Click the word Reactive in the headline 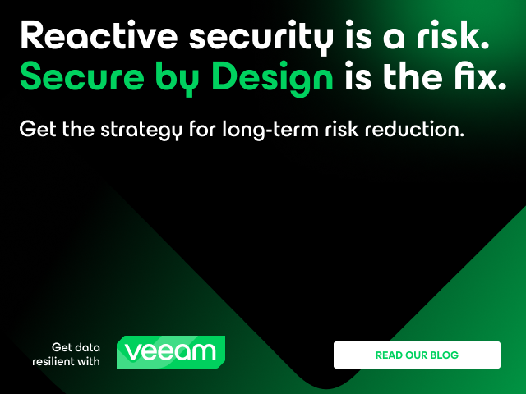pos(99,35)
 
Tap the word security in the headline pos(261,38)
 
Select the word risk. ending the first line pos(453,35)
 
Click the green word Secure pos(82,76)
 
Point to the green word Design pos(272,79)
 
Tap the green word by pos(178,79)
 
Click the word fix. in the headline pos(480,76)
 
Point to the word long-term pos(270,131)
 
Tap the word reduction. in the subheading pos(414,129)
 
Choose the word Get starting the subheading pos(38,129)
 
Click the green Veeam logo pos(171,352)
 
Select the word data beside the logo pos(87,347)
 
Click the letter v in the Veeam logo pos(133,352)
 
